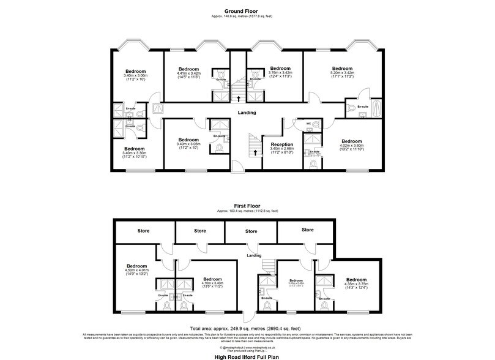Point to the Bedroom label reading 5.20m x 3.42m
pos(342,69)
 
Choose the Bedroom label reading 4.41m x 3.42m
pos(188,69)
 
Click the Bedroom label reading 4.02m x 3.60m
pos(352,141)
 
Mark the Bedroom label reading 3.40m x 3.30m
pos(134,149)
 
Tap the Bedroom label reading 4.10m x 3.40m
pos(212,279)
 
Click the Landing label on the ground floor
pos(247,113)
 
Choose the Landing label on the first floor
pos(254,255)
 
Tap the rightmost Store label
pos(307,230)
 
